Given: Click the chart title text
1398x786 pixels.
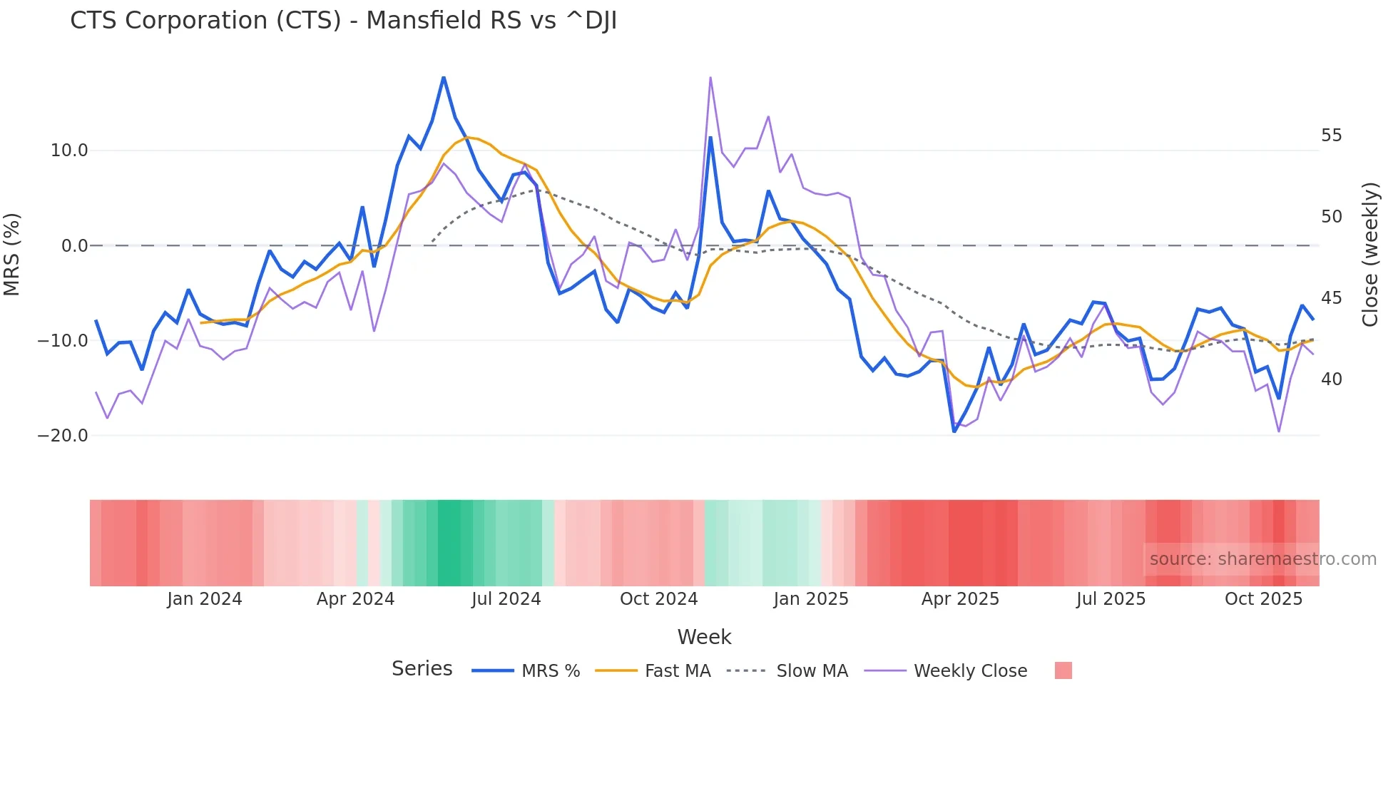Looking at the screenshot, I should click(x=343, y=21).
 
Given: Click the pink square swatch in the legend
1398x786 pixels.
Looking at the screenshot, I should click(x=1063, y=670).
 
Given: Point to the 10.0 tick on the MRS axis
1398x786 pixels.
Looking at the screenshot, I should click(x=69, y=150).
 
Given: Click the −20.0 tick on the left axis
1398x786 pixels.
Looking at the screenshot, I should click(x=63, y=435).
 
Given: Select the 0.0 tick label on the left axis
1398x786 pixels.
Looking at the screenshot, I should click(x=75, y=246).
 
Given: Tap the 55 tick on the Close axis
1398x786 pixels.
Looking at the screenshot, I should click(x=1331, y=136).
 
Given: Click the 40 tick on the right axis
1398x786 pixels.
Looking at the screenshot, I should click(x=1331, y=379).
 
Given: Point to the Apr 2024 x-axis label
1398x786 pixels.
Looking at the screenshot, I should click(x=355, y=599).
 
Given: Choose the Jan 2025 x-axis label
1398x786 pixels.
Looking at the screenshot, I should click(x=811, y=599).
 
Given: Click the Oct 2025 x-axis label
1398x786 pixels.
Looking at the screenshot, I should click(x=1263, y=599).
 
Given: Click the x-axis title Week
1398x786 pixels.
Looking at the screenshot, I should click(x=704, y=637).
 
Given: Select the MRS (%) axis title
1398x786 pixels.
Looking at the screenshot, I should click(x=12, y=254).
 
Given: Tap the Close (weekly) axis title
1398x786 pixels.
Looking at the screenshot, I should click(x=1370, y=254).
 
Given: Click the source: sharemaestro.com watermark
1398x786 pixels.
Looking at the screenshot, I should click(x=1262, y=559).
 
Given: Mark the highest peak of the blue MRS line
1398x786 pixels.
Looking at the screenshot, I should click(x=444, y=77).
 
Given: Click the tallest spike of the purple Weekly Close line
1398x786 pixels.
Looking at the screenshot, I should click(x=710, y=77).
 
